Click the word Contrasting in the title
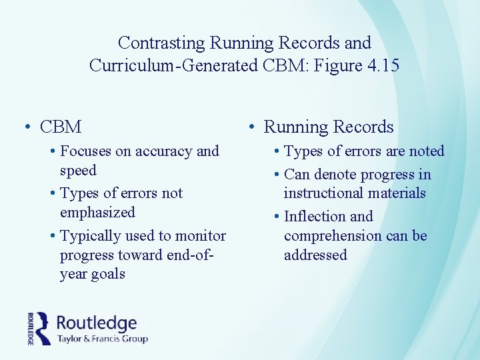161,43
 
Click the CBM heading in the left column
61,127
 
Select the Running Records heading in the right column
329,127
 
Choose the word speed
78,171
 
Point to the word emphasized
97,213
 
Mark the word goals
107,274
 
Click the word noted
426,151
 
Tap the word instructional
323,193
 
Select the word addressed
315,255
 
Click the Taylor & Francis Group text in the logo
102,338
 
